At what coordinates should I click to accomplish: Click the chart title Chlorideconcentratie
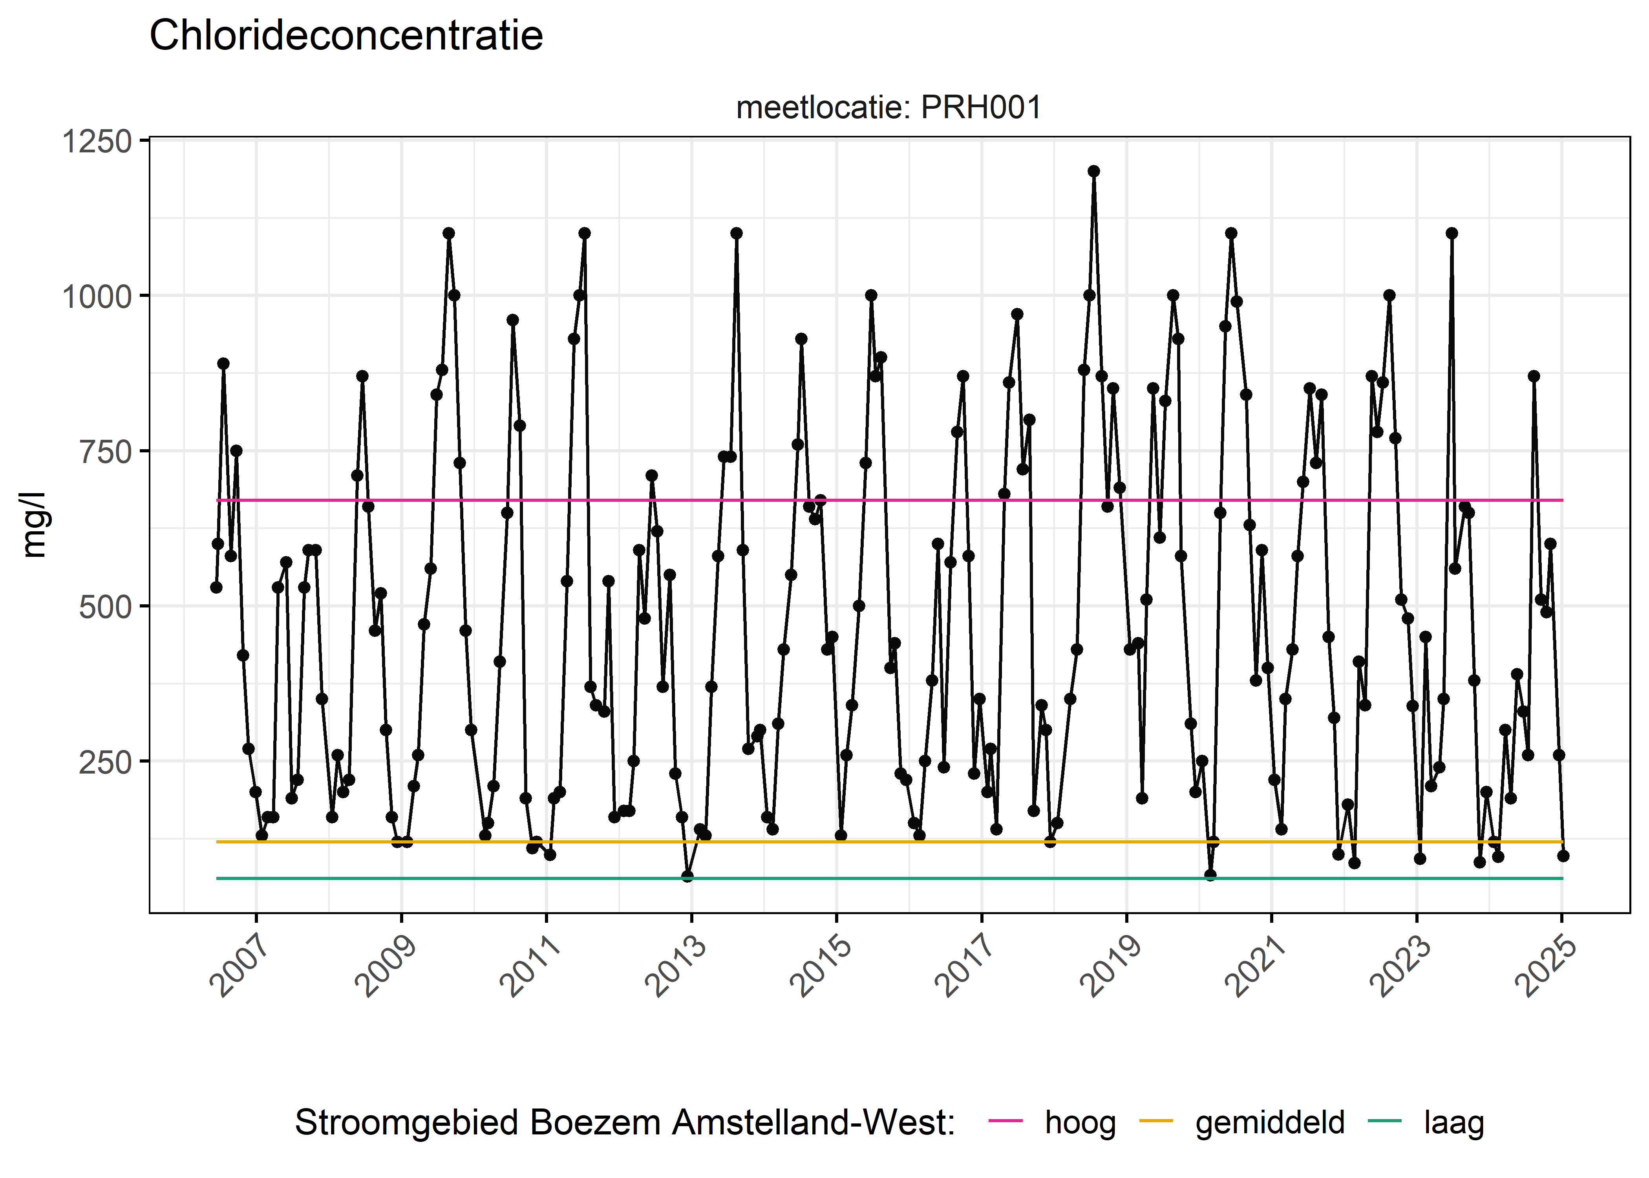tap(346, 36)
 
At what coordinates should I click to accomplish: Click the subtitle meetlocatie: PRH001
tap(888, 108)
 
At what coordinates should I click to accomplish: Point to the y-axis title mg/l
tap(34, 525)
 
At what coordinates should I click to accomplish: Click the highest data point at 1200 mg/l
tap(1093, 171)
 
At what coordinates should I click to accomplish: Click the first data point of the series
tap(216, 587)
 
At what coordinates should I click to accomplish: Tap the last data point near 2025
tap(1563, 856)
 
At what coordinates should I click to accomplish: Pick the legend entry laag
tap(1453, 1122)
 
